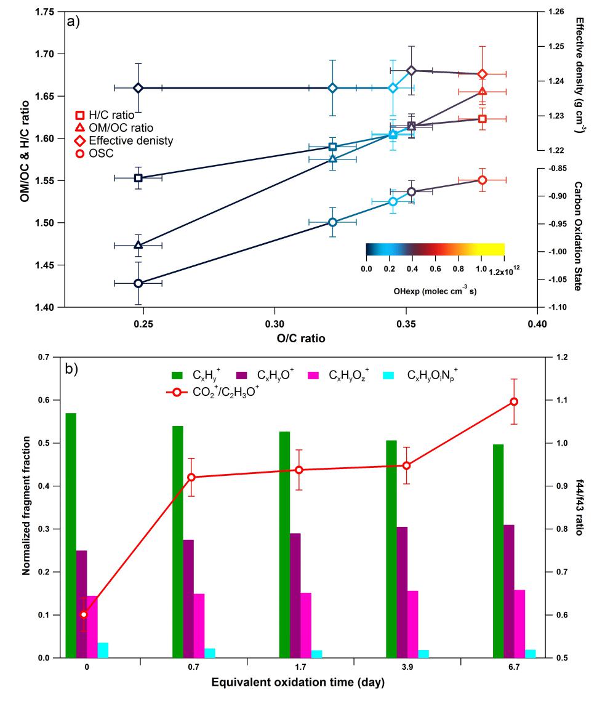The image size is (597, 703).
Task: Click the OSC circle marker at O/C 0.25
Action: click(138, 283)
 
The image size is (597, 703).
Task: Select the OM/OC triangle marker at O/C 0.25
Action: click(138, 245)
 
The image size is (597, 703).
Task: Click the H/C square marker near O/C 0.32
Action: click(332, 147)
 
